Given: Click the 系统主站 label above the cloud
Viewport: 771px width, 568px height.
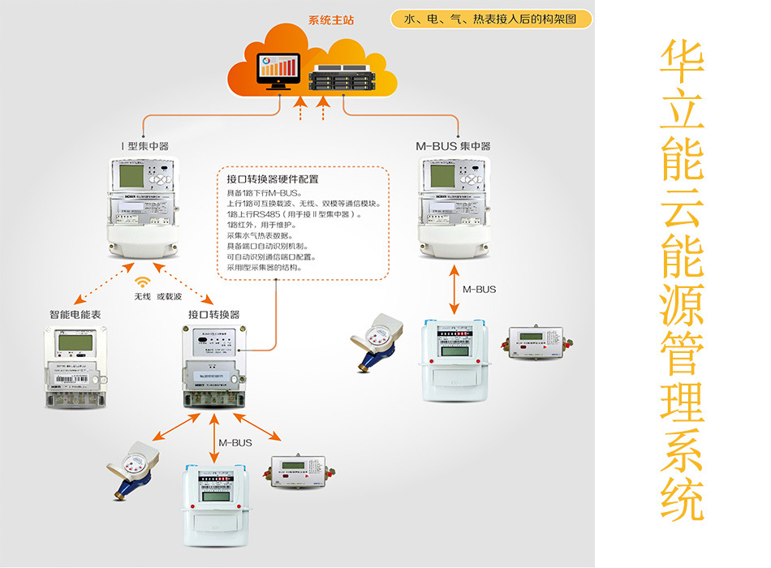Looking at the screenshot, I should coord(331,19).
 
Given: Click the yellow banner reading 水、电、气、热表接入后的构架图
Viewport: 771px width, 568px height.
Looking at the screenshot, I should coord(490,19).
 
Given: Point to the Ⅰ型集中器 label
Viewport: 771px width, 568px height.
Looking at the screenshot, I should coord(144,146).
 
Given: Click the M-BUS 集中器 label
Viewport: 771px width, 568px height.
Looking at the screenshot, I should coord(453,146).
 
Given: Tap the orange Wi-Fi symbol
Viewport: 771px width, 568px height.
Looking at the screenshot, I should coord(143,282).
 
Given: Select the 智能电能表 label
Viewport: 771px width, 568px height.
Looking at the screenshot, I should coord(75,314).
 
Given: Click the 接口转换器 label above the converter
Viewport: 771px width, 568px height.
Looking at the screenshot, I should coord(213,314).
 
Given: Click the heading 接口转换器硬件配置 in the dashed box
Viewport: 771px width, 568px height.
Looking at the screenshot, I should coord(273,179).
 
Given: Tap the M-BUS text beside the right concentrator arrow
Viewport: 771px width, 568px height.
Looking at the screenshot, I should coord(479,289).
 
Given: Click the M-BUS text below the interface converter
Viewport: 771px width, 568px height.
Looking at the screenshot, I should coord(235,443).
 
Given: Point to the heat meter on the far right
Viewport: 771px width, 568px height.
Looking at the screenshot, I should coord(537,342).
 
